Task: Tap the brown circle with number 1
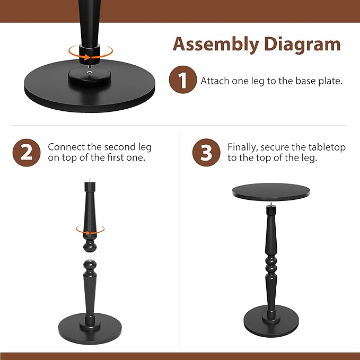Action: [x=182, y=81]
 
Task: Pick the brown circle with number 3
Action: [x=206, y=152]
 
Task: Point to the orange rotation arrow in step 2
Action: [x=90, y=230]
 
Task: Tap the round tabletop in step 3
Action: [x=271, y=192]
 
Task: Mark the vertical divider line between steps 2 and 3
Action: [x=179, y=239]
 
